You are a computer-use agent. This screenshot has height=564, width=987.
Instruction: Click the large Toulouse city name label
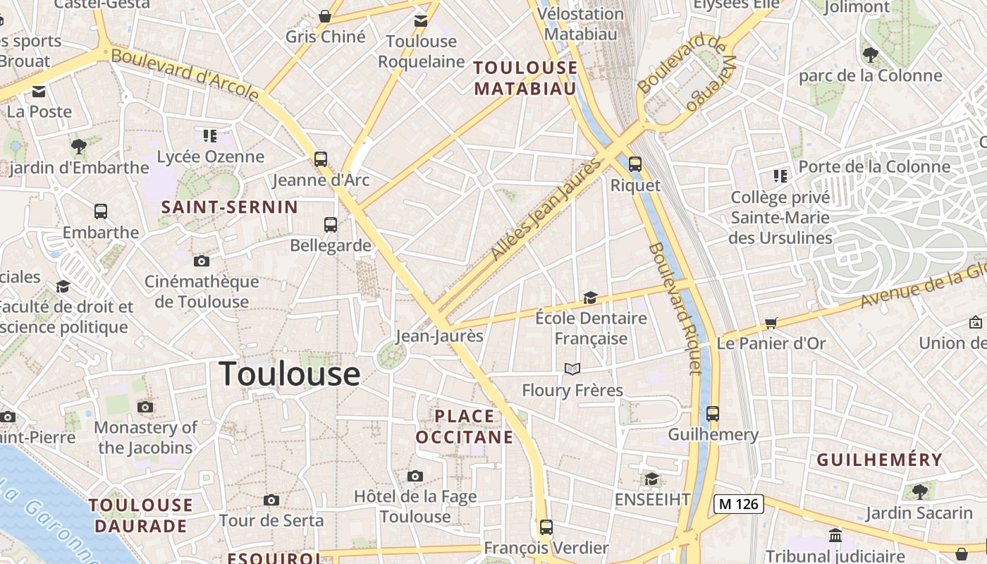(x=290, y=374)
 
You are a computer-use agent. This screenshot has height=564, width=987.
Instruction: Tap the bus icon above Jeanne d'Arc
(x=321, y=159)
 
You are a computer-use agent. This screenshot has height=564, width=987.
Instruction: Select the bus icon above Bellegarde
(x=331, y=225)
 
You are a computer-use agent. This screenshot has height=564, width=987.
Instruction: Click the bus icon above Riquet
(x=635, y=164)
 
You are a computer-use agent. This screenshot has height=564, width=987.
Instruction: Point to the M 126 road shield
(x=738, y=503)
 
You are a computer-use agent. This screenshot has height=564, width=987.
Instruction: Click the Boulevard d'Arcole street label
(x=185, y=74)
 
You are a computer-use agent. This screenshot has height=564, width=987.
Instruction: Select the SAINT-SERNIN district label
(x=230, y=207)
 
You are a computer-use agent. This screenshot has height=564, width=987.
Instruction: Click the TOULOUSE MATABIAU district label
(x=525, y=78)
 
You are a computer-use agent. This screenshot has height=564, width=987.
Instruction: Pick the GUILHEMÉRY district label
(x=879, y=460)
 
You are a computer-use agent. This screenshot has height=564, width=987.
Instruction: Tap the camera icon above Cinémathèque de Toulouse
(x=202, y=262)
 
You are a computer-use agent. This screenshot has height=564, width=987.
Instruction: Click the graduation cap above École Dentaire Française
(x=590, y=298)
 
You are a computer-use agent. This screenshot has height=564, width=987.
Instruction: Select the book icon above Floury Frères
(x=572, y=369)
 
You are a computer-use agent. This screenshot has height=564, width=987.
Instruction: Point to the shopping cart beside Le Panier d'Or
(x=771, y=324)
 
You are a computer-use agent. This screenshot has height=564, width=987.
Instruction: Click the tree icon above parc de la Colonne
(x=871, y=54)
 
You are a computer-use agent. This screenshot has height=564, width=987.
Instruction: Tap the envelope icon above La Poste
(x=39, y=92)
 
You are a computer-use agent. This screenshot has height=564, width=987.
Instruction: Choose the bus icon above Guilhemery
(x=713, y=414)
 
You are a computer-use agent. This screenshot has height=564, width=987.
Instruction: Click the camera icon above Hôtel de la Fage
(x=415, y=476)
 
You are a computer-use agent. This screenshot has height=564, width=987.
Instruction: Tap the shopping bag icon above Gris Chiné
(x=325, y=16)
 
